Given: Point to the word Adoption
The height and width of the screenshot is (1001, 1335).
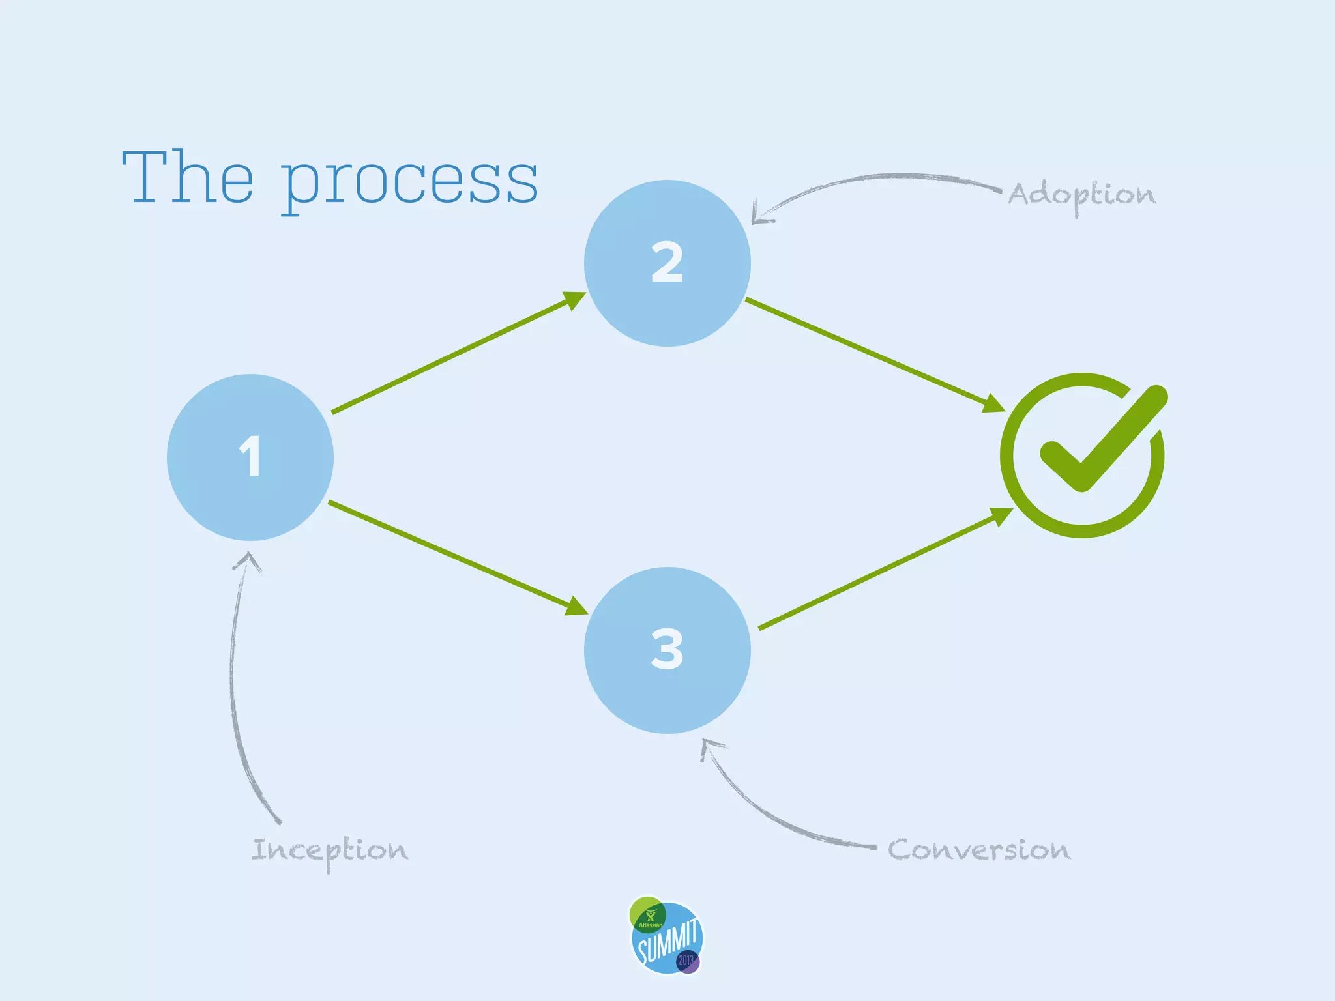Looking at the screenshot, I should point(1082,195).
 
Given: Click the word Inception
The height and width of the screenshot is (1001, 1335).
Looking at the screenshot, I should point(330,850).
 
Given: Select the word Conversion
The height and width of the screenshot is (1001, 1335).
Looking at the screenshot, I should point(978,850).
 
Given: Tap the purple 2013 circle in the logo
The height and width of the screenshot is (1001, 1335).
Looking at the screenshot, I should point(687,961).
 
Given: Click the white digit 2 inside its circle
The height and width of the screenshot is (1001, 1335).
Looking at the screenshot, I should point(667,262).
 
